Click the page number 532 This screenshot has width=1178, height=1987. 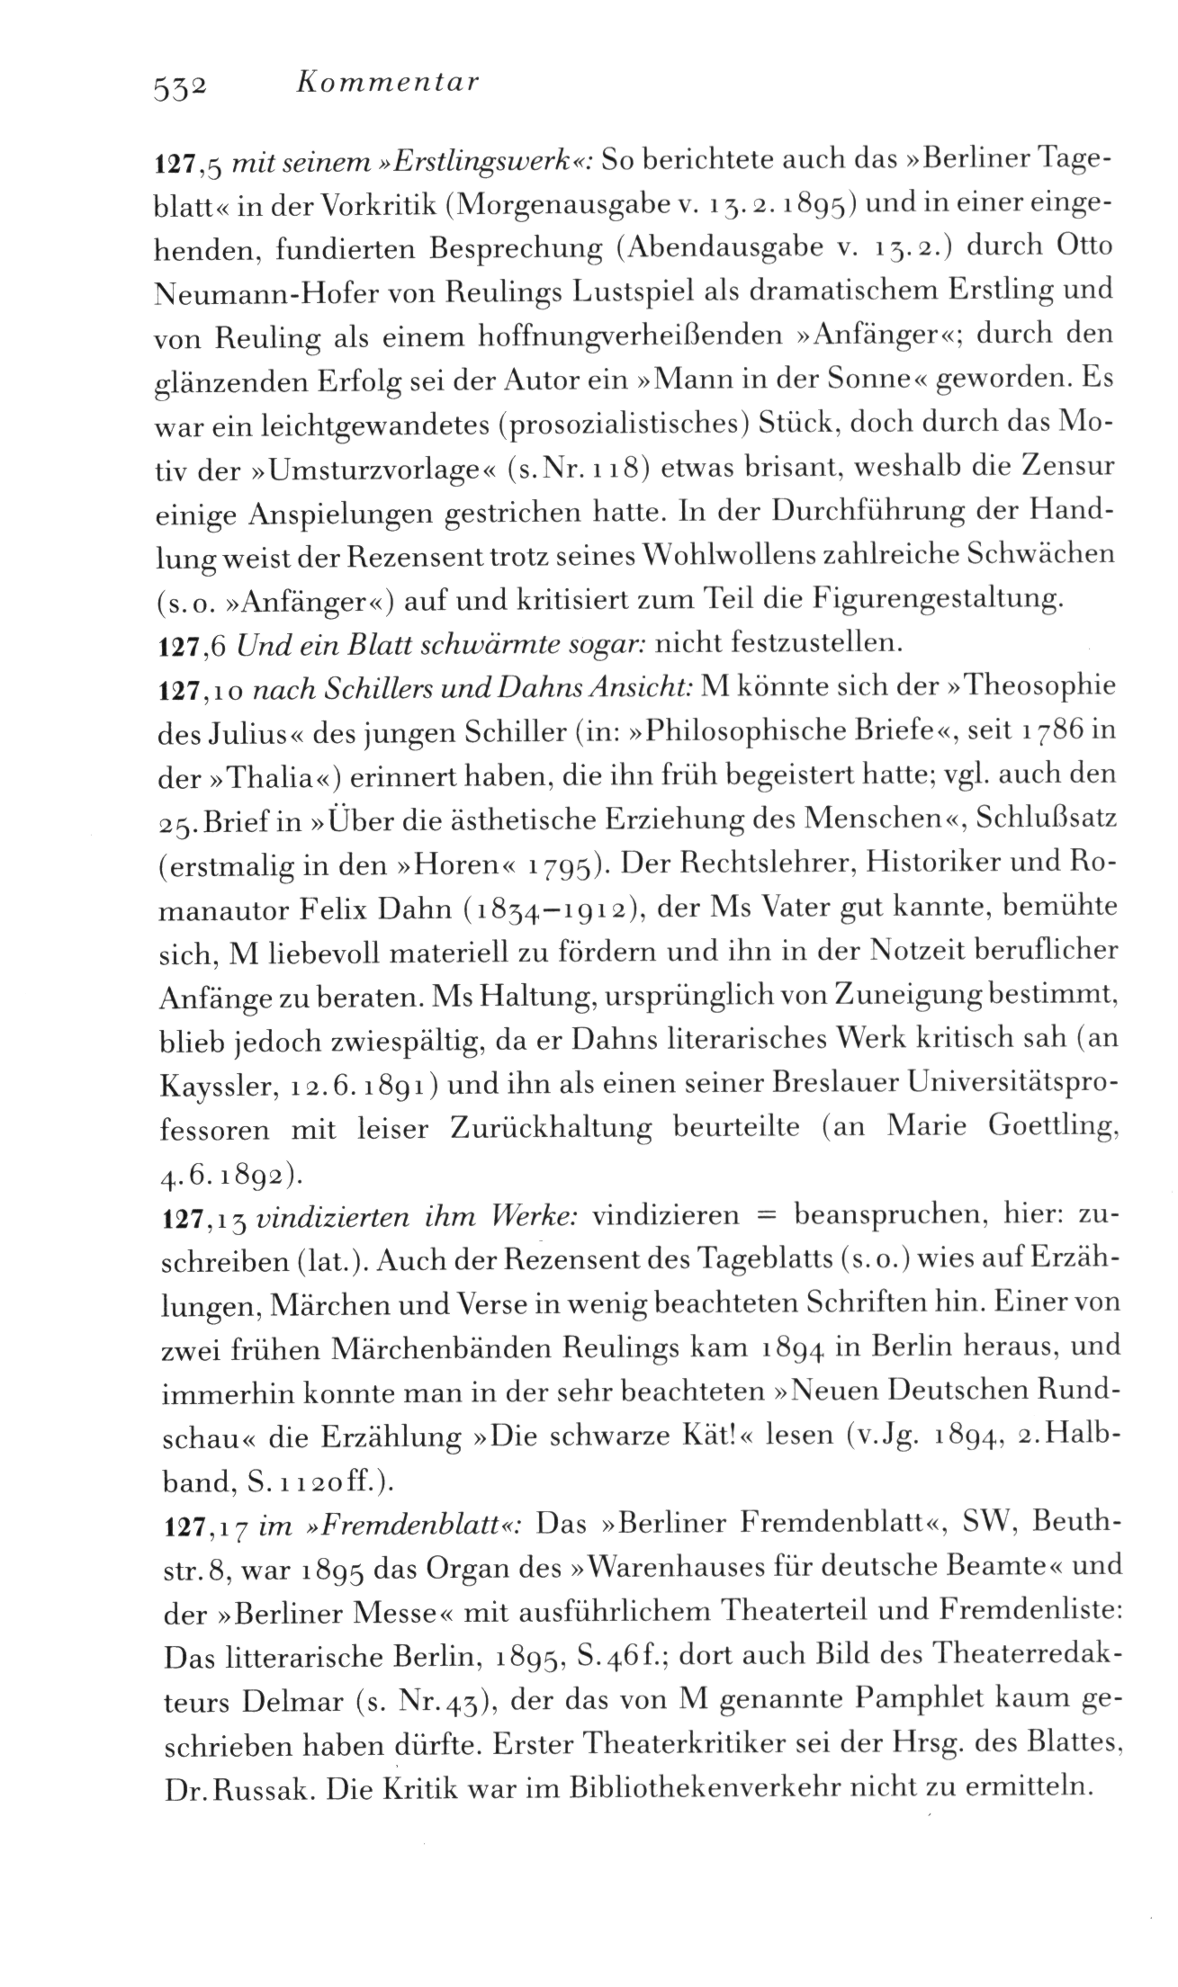(x=181, y=86)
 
